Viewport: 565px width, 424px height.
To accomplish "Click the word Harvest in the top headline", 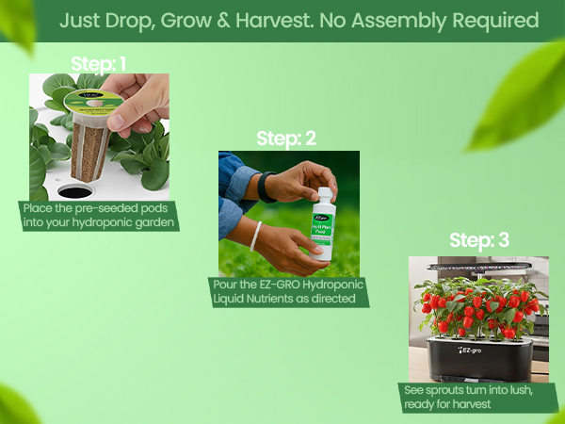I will [311, 20].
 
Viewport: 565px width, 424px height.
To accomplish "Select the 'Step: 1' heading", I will [99, 64].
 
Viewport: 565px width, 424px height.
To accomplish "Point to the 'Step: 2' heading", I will [286, 139].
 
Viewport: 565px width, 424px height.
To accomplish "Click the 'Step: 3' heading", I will [479, 240].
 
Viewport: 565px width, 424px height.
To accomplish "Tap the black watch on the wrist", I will [266, 186].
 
